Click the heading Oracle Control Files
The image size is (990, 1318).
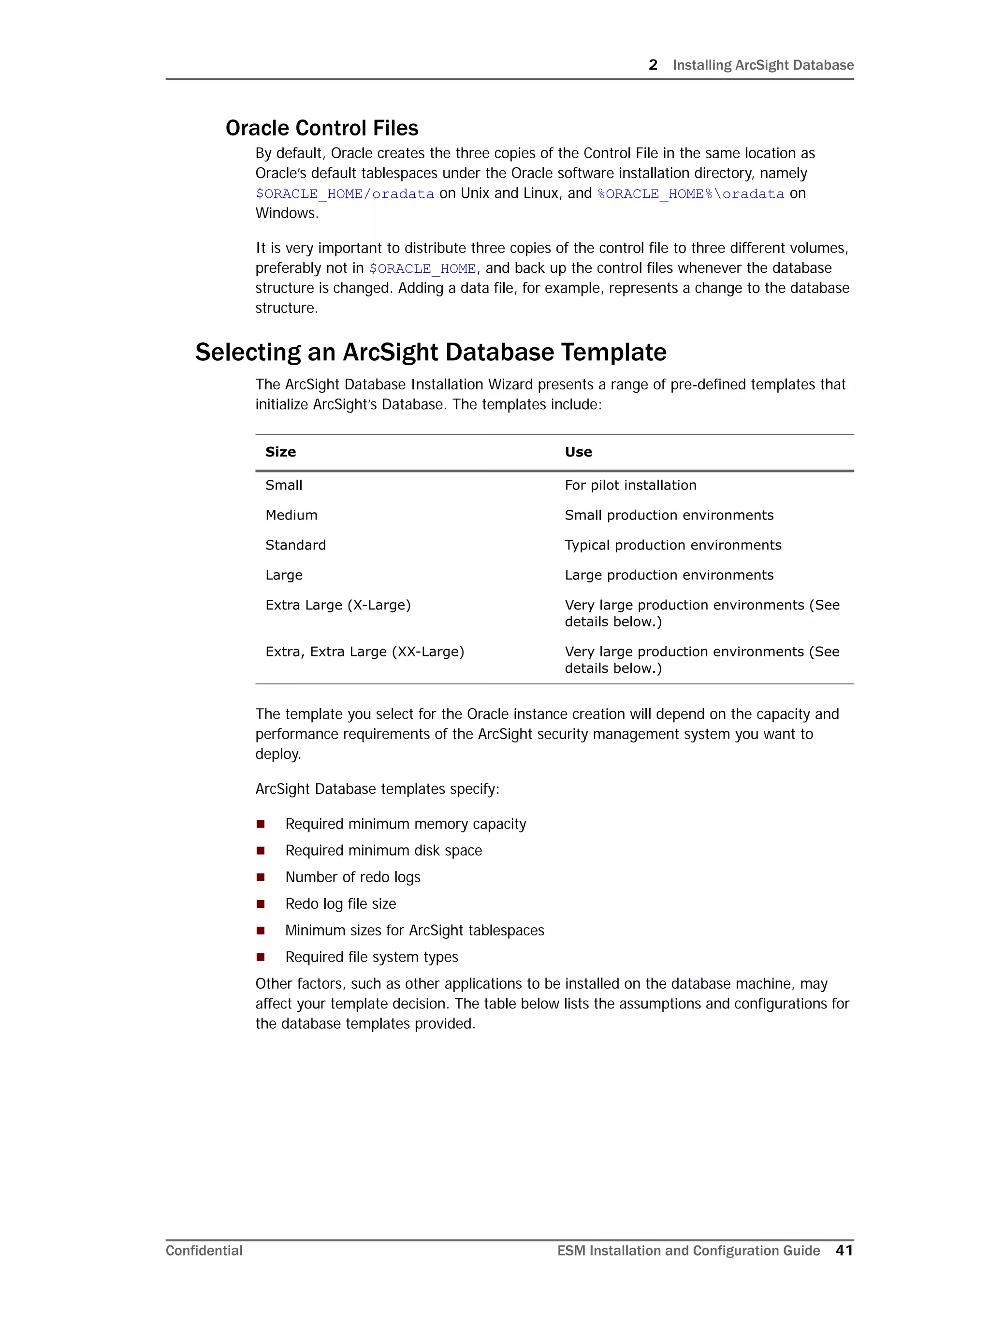(321, 128)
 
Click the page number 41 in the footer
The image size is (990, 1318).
(844, 1250)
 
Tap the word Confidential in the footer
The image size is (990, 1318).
(204, 1251)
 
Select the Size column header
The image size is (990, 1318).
(280, 452)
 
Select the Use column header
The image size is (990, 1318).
(578, 452)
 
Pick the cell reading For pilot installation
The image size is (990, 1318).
(630, 485)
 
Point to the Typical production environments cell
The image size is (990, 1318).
(672, 545)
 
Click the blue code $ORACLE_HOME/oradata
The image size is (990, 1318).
(344, 193)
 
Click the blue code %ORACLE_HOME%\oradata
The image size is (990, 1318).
(690, 193)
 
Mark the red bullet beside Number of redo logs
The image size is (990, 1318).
(260, 877)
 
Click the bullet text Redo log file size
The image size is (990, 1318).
(340, 903)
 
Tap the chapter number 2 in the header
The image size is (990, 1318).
(653, 65)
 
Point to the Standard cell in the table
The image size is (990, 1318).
(295, 545)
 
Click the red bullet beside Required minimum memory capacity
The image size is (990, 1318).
(260, 824)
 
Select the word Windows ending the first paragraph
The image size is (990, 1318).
(286, 213)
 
